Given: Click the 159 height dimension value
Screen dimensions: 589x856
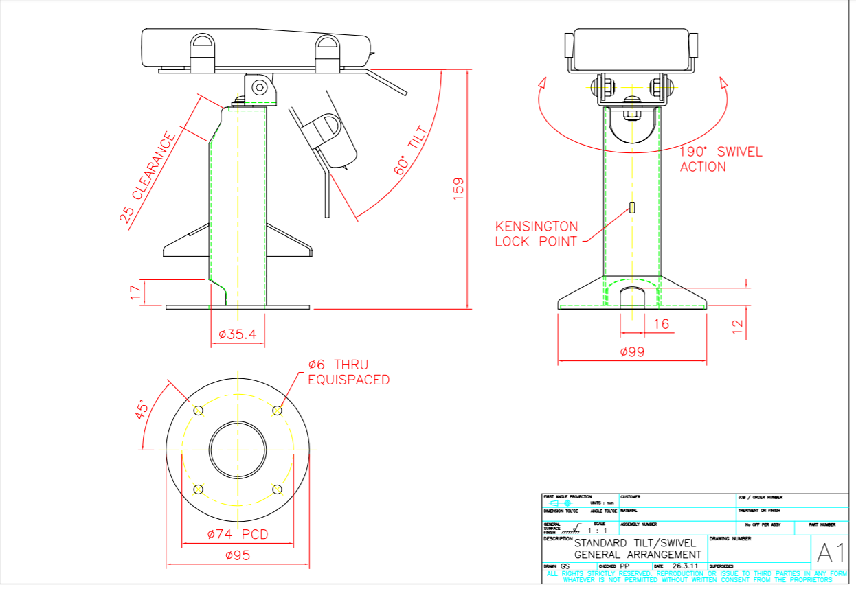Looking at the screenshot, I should (x=459, y=189).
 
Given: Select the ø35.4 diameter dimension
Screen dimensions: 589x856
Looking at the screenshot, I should (x=237, y=334).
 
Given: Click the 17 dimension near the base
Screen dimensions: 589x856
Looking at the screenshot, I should (x=135, y=293).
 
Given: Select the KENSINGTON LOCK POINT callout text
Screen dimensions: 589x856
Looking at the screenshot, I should (x=537, y=233).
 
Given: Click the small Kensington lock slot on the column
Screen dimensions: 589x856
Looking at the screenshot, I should (x=632, y=207).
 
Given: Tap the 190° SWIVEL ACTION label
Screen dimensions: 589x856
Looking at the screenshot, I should (x=721, y=159).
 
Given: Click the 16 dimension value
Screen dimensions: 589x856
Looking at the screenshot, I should (x=661, y=324).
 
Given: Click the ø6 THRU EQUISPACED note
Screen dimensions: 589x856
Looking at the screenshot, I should (x=348, y=373).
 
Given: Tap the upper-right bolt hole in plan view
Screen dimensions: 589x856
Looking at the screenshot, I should (x=277, y=411).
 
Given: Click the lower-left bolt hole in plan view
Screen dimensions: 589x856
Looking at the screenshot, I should (x=199, y=489).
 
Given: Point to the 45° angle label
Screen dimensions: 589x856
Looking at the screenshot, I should (x=142, y=410).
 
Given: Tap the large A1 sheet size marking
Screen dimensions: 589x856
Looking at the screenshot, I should (x=830, y=553).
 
